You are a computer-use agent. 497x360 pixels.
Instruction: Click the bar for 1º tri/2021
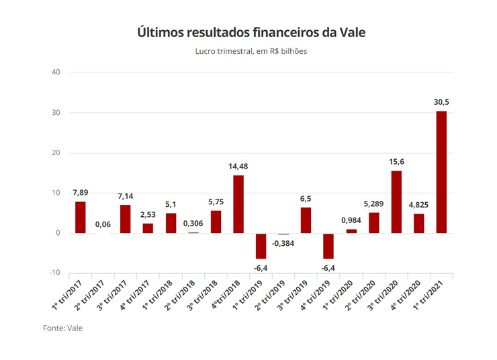click(441, 172)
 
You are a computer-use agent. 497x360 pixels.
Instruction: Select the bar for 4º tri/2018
click(238, 204)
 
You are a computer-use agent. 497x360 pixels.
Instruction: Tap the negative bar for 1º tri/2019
click(261, 246)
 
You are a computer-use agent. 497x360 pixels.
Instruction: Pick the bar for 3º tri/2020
click(396, 202)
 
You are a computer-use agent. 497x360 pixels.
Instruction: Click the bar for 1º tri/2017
click(81, 217)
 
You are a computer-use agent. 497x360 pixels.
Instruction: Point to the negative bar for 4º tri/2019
click(328, 246)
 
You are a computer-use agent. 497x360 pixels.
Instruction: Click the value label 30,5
click(441, 102)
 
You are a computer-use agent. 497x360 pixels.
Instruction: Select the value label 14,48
click(238, 167)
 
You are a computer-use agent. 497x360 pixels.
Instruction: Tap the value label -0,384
click(283, 243)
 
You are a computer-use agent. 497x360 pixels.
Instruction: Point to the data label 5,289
click(373, 204)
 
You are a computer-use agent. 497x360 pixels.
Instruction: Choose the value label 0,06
click(103, 224)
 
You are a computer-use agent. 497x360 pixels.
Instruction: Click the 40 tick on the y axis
click(56, 73)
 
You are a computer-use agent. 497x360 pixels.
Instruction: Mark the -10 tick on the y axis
click(55, 273)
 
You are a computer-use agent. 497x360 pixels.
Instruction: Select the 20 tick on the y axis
click(56, 153)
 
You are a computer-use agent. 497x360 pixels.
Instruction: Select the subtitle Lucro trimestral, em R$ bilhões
click(251, 51)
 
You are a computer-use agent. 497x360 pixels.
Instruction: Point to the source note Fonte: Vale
click(62, 328)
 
